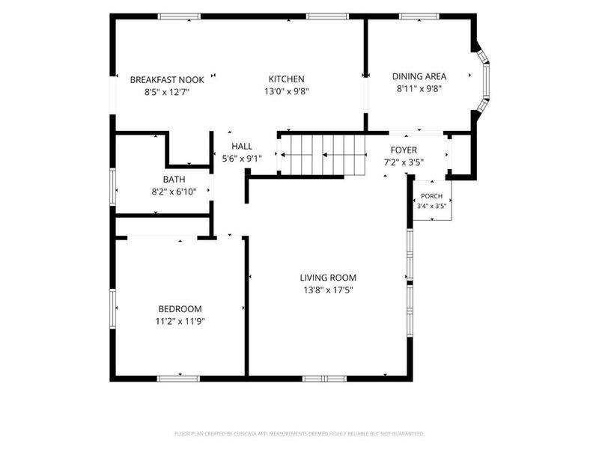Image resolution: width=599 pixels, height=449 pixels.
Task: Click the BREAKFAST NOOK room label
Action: [167, 80]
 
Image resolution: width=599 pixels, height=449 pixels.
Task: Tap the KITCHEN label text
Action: [287, 79]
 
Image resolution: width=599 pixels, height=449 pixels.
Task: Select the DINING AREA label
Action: [419, 76]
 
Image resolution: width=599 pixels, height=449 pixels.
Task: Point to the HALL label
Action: [242, 146]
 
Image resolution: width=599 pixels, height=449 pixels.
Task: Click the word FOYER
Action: [404, 150]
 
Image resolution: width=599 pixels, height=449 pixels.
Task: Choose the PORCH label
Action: [432, 196]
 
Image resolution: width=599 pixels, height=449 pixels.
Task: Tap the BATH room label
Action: [174, 180]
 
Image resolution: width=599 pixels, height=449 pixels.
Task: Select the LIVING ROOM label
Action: [328, 278]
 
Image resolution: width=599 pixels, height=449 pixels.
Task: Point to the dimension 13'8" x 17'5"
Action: [328, 290]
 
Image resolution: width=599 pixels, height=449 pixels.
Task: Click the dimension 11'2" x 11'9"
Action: [180, 321]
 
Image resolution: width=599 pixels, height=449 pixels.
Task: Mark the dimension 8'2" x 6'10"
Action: [174, 192]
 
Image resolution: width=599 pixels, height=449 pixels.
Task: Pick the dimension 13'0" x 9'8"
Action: [287, 91]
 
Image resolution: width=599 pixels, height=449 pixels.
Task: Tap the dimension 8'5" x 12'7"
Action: [167, 92]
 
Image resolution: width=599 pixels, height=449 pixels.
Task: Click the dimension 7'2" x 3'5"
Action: [404, 162]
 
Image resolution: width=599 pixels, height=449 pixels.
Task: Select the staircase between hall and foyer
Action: [323, 155]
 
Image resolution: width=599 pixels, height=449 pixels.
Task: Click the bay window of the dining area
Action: [483, 82]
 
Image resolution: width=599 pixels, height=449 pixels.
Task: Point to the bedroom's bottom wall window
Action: [178, 379]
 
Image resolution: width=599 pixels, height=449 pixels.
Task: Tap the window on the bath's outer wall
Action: [113, 186]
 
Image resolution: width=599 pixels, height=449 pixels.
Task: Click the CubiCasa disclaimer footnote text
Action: [299, 434]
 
